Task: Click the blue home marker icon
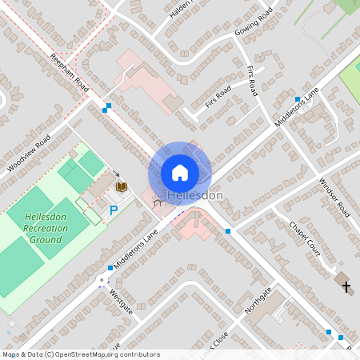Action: click(x=180, y=172)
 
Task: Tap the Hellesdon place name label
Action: click(x=194, y=196)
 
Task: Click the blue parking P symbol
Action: click(x=114, y=210)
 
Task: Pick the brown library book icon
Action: click(x=122, y=186)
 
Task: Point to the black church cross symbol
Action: click(x=346, y=285)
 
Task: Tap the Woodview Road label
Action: click(x=29, y=153)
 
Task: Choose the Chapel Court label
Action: click(x=305, y=237)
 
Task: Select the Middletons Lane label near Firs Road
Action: click(x=296, y=107)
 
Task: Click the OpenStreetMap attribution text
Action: click(x=80, y=354)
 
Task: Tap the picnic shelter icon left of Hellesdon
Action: click(x=157, y=203)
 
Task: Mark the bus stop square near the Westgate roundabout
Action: click(x=110, y=268)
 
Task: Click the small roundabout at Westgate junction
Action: click(x=102, y=280)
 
